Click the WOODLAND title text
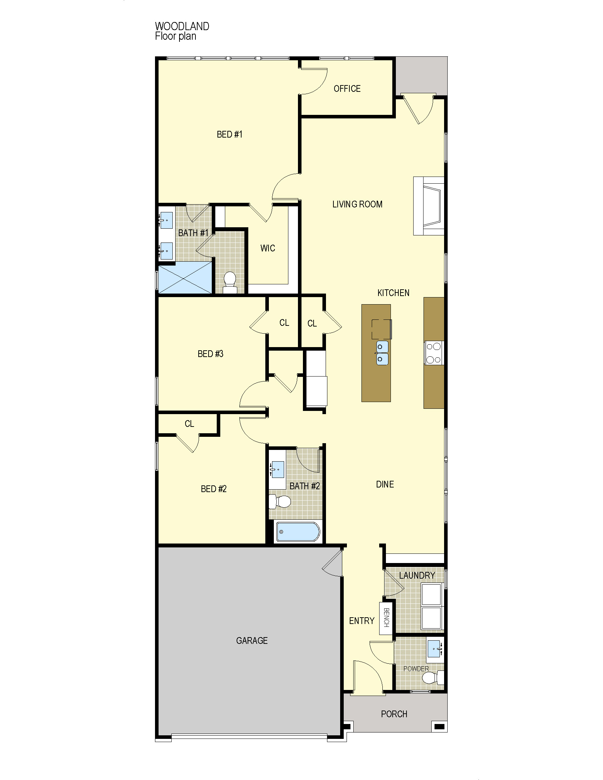pos(182,27)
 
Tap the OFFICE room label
pos(347,89)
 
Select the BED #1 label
pos(229,134)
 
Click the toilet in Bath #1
pos(230,283)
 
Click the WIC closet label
pos(267,248)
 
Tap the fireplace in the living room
pos(429,206)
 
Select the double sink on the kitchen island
pos(382,353)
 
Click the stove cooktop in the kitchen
pos(434,353)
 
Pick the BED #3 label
pos(210,353)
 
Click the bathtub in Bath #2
pos(298,532)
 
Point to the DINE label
pos(385,484)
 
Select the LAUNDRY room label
pos(417,575)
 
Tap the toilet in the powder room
pos(436,677)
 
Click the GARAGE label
pos(252,641)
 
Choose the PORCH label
pos(394,714)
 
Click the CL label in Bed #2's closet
pos(189,424)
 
